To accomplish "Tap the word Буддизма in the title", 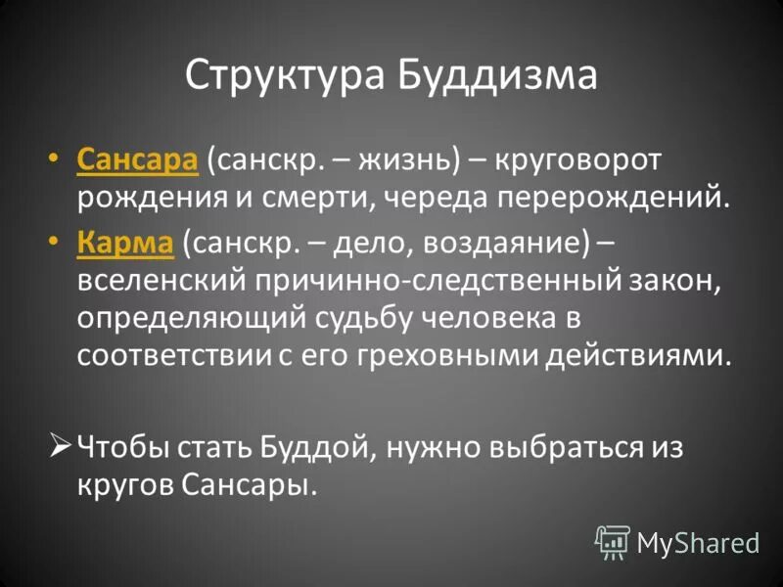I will tap(497, 74).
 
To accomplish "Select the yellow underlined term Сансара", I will tap(137, 159).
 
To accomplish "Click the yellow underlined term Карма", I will tap(124, 240).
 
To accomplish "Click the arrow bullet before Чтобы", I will tap(59, 446).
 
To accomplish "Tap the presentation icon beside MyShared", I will tap(613, 541).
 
